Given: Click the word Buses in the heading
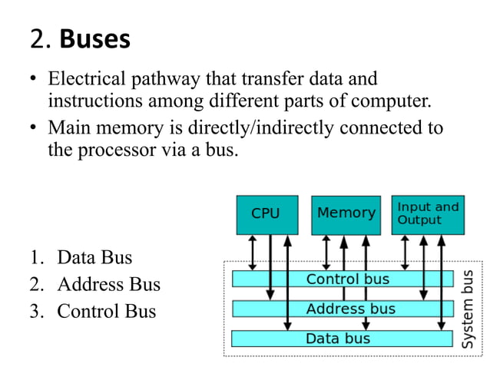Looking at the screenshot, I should click(x=94, y=39).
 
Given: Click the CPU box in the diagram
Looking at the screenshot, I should click(x=265, y=214).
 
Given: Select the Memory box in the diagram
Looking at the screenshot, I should click(x=346, y=214).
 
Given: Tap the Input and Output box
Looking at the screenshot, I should click(x=428, y=213).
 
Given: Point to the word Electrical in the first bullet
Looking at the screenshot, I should click(x=88, y=79).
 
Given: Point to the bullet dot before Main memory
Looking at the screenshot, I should click(x=34, y=128).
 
